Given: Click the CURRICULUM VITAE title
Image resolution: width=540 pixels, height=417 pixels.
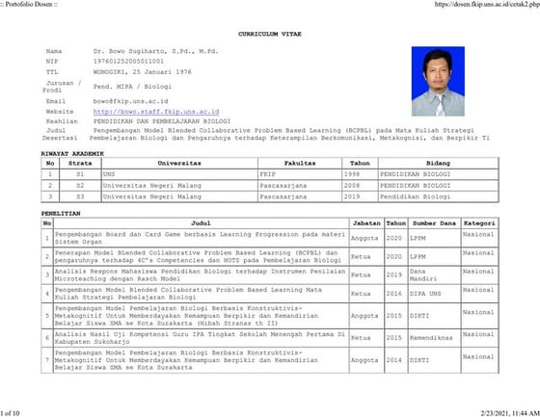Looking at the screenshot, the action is coord(269,32).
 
